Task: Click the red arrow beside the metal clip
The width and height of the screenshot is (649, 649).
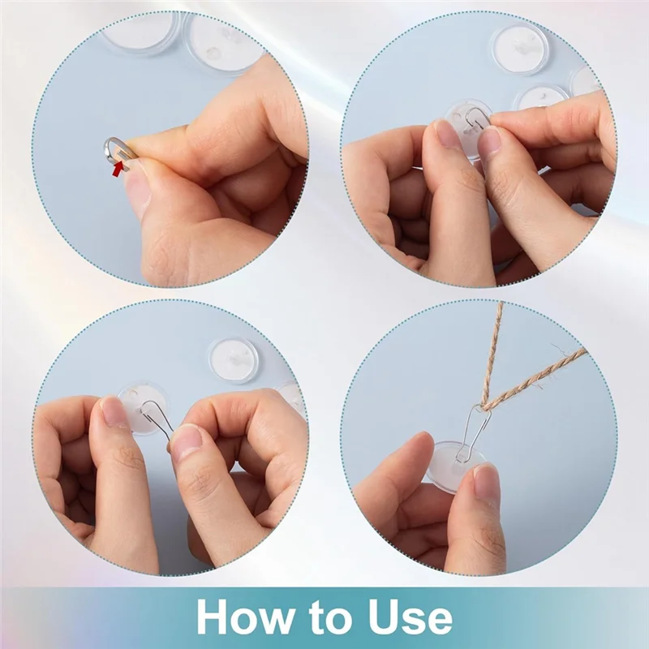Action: tap(120, 166)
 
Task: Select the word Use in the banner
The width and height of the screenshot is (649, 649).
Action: tap(406, 618)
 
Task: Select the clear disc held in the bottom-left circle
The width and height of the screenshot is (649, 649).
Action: tap(138, 406)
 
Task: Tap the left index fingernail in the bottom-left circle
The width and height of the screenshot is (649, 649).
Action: tap(114, 412)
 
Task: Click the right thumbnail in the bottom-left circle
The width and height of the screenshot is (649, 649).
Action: tap(187, 443)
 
